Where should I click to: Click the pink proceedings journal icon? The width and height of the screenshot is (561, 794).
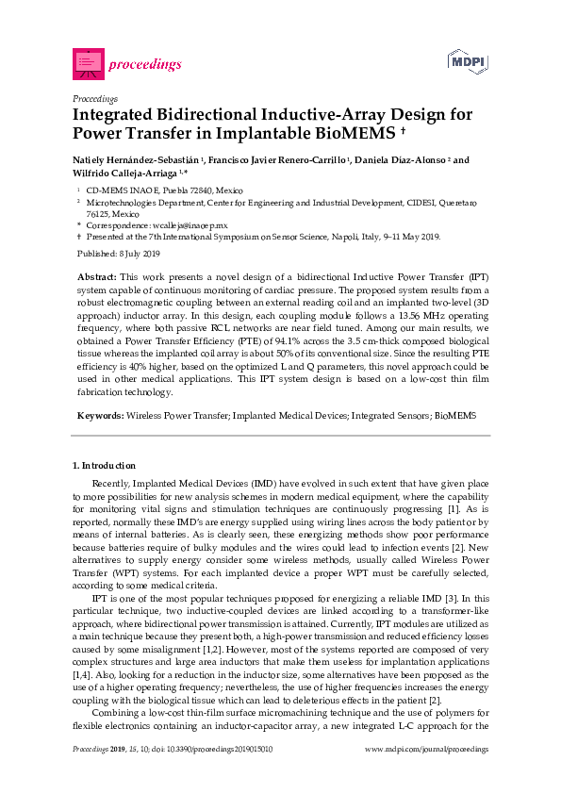point(88,63)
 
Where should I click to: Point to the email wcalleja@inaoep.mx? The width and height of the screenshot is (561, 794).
point(190,225)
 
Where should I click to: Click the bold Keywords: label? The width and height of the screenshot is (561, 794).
point(99,415)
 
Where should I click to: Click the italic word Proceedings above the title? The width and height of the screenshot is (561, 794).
point(95,98)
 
